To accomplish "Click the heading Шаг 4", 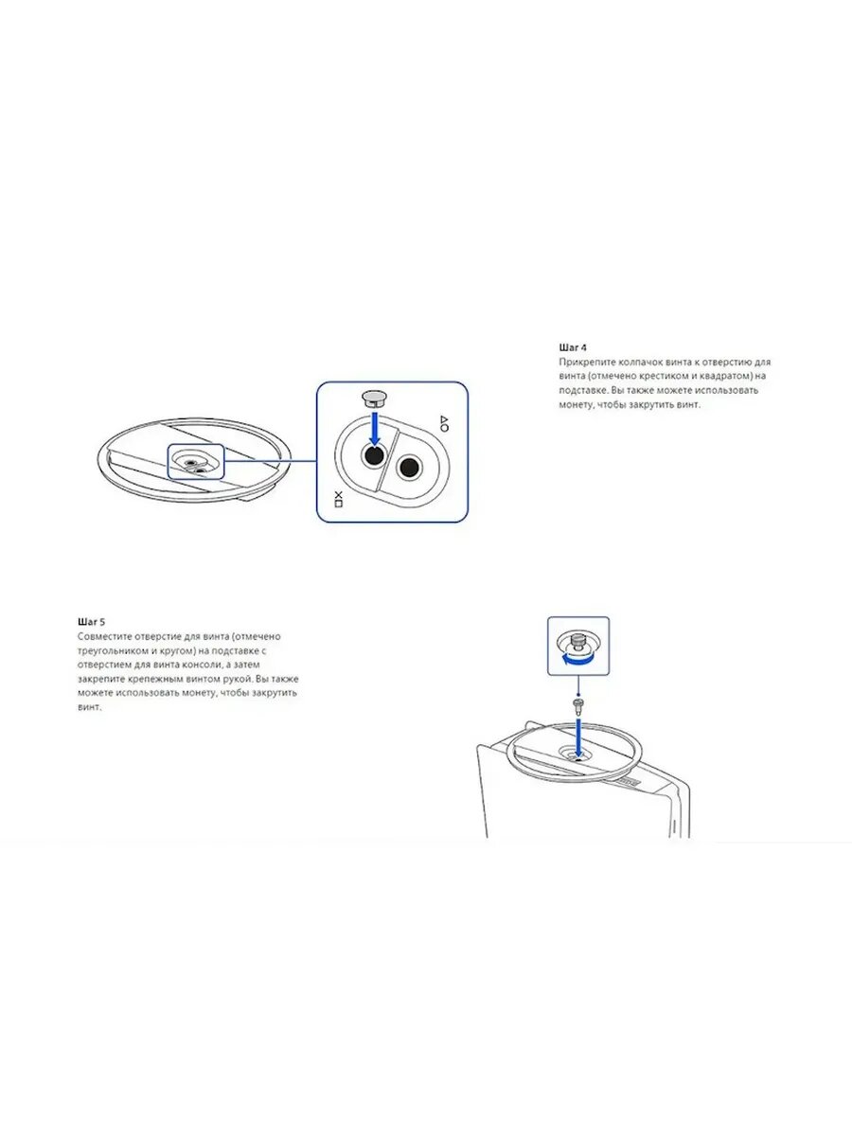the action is [x=573, y=347].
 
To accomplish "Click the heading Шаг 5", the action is [x=92, y=622].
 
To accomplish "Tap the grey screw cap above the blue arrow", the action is [x=374, y=399].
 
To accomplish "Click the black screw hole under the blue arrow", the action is [x=374, y=456].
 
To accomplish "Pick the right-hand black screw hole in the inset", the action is [x=410, y=468].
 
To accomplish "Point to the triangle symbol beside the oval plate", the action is [x=443, y=418].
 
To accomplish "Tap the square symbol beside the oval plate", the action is [x=338, y=504].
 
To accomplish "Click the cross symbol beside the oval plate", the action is [x=338, y=494].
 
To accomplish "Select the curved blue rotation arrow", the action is [x=577, y=658].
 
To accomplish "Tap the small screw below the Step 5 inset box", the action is [x=577, y=704].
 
